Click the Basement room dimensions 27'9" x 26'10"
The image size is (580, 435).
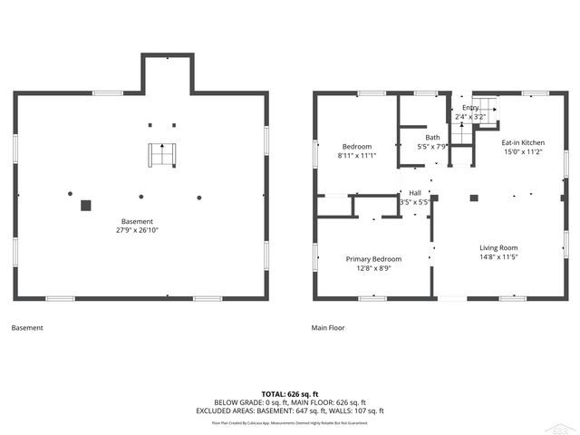(x=138, y=230)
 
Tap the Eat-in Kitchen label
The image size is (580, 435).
(x=523, y=142)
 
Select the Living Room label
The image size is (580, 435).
(x=498, y=247)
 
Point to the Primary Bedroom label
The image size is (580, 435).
(x=373, y=258)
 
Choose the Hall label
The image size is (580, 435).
(x=414, y=192)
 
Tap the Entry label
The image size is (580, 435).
(x=470, y=107)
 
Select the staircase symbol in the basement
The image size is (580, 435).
(x=163, y=155)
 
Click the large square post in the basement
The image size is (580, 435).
(x=86, y=206)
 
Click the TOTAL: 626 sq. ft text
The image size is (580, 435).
(x=290, y=394)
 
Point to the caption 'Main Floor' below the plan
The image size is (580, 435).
(x=328, y=328)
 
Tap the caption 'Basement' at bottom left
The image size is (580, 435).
(x=26, y=328)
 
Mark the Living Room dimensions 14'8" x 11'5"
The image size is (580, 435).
(x=498, y=256)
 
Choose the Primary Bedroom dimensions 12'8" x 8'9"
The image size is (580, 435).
(x=373, y=267)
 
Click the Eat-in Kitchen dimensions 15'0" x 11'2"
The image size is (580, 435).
(x=523, y=152)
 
